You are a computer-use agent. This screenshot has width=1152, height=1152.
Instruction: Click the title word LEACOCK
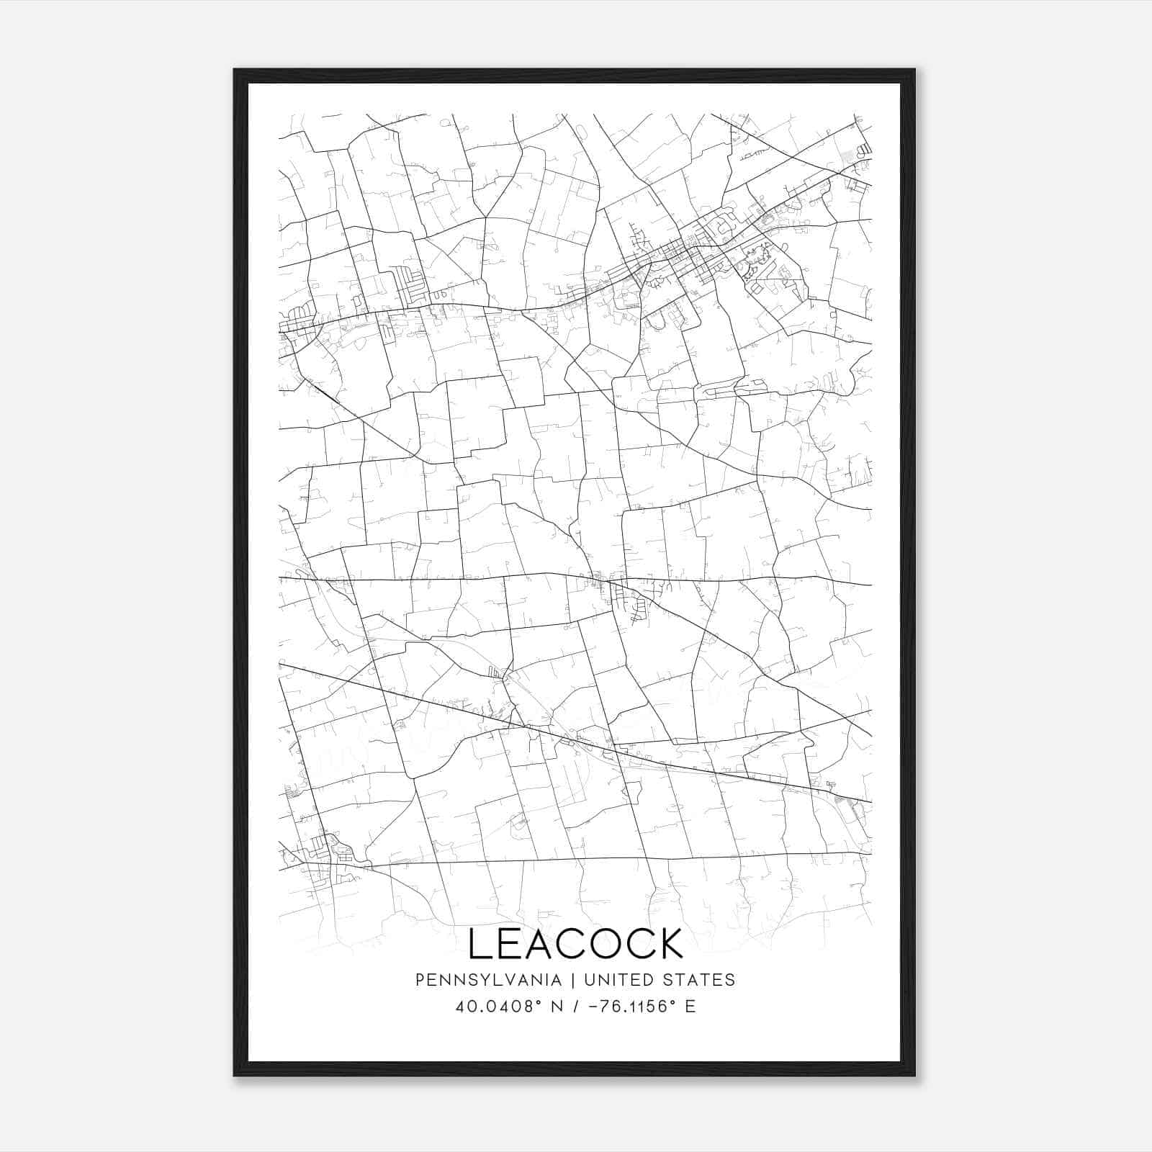point(575,944)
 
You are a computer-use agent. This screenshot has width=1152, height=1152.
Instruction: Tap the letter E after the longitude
point(690,1007)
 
